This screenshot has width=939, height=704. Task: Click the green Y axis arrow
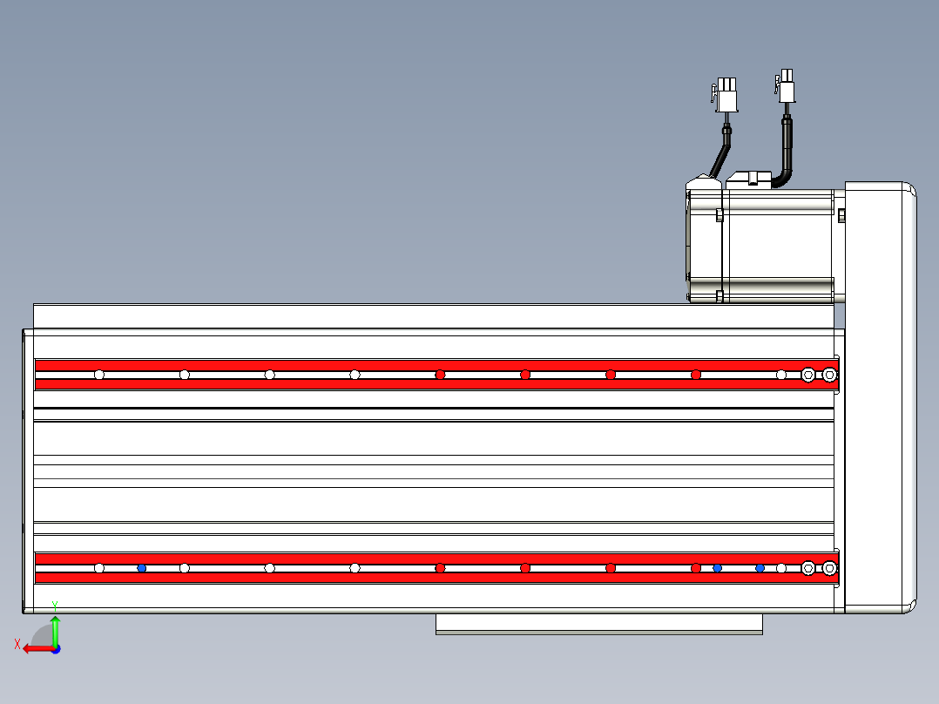pos(55,630)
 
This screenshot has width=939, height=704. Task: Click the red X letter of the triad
pos(17,644)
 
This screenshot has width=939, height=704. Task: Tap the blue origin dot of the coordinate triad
pos(56,649)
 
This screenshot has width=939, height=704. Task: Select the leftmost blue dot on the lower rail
pos(142,568)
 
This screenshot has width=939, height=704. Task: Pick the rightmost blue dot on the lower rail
pos(760,568)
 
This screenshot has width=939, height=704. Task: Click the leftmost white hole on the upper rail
pos(99,375)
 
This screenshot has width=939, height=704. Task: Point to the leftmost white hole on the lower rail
pos(99,568)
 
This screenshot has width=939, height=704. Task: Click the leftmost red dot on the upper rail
pos(440,375)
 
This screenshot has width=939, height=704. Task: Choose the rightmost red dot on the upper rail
pos(696,375)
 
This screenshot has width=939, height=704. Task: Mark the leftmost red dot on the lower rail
pos(440,568)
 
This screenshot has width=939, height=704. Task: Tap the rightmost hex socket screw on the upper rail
pos(829,375)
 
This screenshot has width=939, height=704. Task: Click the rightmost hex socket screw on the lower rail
pos(829,568)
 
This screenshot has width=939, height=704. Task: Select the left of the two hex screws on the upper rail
pos(807,375)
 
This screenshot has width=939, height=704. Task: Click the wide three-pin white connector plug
pos(726,95)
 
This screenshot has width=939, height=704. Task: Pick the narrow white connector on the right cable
pos(786,86)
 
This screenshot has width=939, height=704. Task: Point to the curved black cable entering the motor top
pos(784,152)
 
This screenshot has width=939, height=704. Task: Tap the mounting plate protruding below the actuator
pos(599,624)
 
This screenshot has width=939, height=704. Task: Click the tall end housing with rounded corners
pos(881,398)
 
